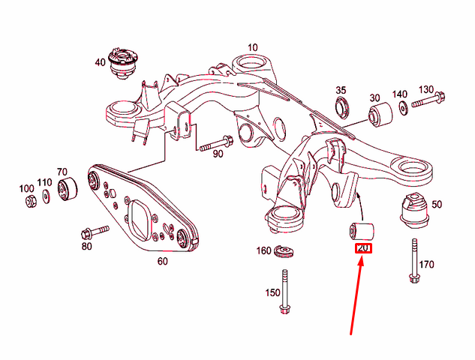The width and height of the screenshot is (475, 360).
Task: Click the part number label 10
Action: [x=252, y=47]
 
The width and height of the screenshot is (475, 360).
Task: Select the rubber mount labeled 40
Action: [x=122, y=64]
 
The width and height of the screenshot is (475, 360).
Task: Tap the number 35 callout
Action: [x=341, y=90]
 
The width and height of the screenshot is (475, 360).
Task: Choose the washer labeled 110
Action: [x=47, y=196]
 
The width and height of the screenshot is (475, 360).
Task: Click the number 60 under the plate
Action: [x=162, y=261]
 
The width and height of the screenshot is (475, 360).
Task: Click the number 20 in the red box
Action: [x=363, y=248]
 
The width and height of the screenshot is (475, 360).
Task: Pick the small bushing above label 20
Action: [x=363, y=229]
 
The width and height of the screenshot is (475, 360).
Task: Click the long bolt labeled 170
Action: [x=414, y=262]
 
